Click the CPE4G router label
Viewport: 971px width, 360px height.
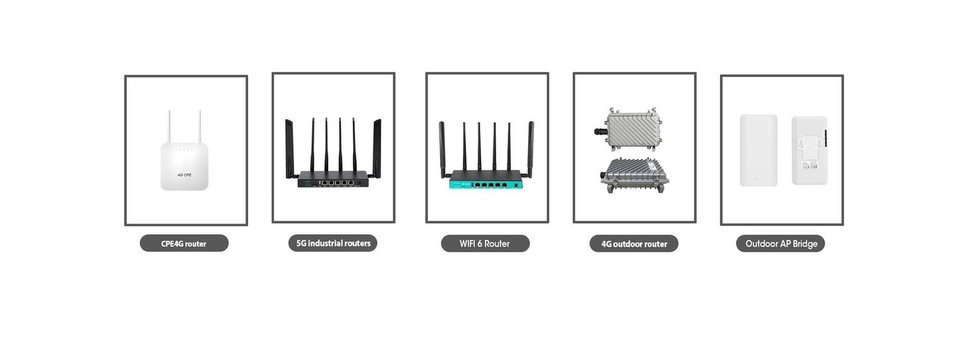[x=184, y=243]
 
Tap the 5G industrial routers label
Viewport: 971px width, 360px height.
[x=333, y=243]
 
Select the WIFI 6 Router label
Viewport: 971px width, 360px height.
[x=485, y=243]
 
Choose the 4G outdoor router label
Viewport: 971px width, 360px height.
[x=634, y=244]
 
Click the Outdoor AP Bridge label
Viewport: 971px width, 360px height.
[x=780, y=243]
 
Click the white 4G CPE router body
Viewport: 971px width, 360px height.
[x=184, y=166]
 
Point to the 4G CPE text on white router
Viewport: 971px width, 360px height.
[x=184, y=175]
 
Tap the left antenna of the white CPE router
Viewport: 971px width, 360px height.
[x=169, y=127]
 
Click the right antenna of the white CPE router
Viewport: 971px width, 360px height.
[x=200, y=127]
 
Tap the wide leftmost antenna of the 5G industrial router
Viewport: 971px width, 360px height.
[x=289, y=148]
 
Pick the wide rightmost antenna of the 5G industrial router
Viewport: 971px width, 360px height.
[x=377, y=148]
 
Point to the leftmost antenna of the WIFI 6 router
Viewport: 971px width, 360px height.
[x=442, y=149]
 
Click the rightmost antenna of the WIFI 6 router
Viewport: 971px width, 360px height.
[x=530, y=149]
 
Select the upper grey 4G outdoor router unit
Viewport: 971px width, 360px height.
[x=632, y=129]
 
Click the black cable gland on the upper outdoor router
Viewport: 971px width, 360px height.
[x=600, y=131]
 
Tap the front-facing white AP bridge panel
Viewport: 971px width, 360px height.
[x=759, y=151]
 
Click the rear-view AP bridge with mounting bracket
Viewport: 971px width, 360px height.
[x=810, y=151]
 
